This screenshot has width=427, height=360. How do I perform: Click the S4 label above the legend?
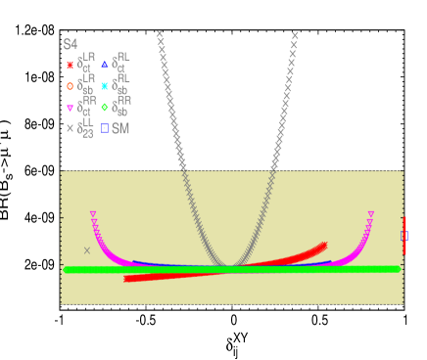click(70, 45)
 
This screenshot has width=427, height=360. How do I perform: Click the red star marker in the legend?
click(70, 66)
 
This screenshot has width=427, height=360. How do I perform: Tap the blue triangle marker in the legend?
click(104, 65)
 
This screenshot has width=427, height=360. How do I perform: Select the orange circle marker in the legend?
click(70, 86)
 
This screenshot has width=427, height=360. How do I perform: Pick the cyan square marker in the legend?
click(104, 86)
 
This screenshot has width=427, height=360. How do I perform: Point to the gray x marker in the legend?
click(70, 128)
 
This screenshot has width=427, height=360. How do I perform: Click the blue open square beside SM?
click(104, 128)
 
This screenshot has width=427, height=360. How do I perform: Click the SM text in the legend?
click(120, 128)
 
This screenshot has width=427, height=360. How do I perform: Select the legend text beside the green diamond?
click(121, 107)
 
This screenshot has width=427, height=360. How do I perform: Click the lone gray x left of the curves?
click(86, 250)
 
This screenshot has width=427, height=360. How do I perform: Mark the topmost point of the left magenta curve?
click(93, 213)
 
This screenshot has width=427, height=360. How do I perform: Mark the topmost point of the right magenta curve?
click(371, 213)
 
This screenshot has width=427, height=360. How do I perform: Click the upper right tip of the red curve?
click(324, 245)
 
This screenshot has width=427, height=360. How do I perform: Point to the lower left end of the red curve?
click(126, 279)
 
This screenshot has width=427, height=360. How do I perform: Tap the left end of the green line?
click(67, 269)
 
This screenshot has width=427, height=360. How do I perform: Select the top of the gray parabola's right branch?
click(295, 35)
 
